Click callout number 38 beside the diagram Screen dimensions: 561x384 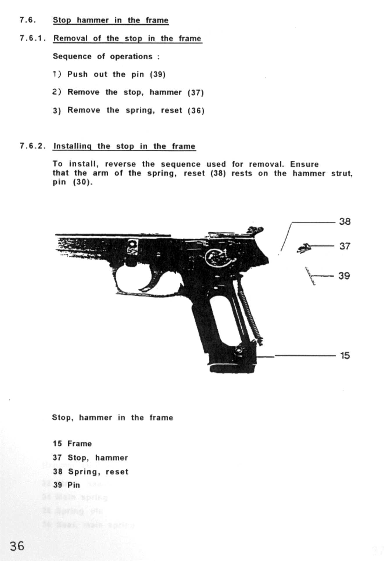pyautogui.click(x=345, y=222)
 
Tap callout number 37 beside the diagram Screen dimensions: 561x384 pyautogui.click(x=345, y=246)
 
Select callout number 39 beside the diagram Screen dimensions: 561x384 pyautogui.click(x=344, y=276)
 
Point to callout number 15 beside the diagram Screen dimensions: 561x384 pyautogui.click(x=345, y=355)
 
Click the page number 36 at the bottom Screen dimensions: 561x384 pyautogui.click(x=17, y=546)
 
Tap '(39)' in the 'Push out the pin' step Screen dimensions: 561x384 pyautogui.click(x=158, y=75)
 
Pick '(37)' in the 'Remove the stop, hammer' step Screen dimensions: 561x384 pyautogui.click(x=195, y=93)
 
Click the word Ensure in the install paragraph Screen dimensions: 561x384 pyautogui.click(x=304, y=164)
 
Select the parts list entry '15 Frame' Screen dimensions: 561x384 pyautogui.click(x=72, y=444)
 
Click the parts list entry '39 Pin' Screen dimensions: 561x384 pyautogui.click(x=67, y=485)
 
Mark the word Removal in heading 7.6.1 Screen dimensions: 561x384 pyautogui.click(x=70, y=38)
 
